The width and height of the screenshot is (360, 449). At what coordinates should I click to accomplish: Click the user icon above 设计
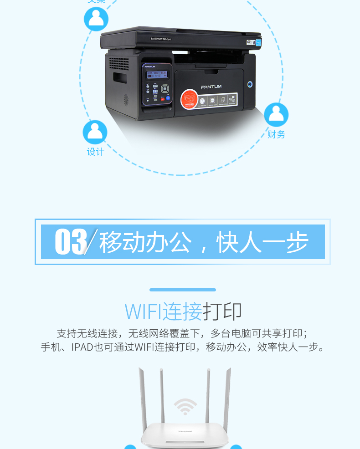[x=95, y=132]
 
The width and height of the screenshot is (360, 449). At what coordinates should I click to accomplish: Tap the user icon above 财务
[x=276, y=115]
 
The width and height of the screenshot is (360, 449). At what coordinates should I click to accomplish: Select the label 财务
[x=276, y=134]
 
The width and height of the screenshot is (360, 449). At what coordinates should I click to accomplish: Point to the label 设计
[x=95, y=152]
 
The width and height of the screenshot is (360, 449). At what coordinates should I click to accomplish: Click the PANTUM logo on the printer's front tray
[x=211, y=87]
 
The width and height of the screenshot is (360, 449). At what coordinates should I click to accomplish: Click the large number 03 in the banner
[x=71, y=242]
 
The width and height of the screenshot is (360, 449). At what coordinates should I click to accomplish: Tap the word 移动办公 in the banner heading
[x=145, y=242]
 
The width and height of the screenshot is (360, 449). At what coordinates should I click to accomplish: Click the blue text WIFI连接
[x=163, y=311]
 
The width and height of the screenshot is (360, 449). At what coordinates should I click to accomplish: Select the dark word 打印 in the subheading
[x=222, y=311]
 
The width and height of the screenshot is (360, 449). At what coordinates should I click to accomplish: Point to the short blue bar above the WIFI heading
[x=183, y=290]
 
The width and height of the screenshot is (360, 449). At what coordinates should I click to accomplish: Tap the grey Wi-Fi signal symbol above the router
[x=185, y=406]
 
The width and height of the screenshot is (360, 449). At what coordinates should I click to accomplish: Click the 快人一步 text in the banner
[x=262, y=242]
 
